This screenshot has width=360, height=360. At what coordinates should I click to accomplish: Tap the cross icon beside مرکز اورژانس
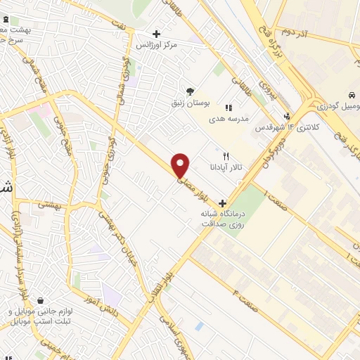click(156, 33)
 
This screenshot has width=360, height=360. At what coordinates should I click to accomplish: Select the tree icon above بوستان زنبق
click(189, 91)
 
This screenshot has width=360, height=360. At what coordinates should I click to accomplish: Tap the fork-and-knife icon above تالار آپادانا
click(226, 155)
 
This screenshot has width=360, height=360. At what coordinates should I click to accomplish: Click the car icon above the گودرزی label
click(349, 95)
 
